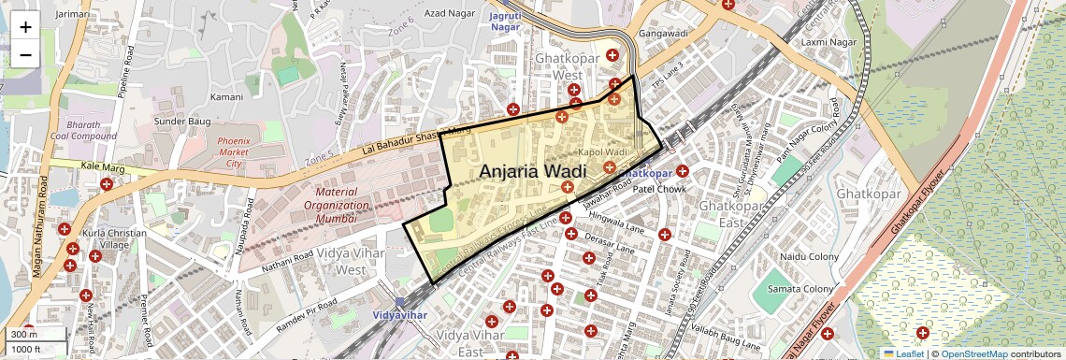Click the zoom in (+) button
point(25,27)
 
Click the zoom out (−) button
point(25,55)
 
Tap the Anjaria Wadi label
point(532,172)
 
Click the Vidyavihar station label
point(399,314)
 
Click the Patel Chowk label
point(660,189)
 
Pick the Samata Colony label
point(799,289)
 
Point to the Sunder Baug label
point(180,122)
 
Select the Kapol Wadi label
point(602,151)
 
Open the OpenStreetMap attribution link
point(973,353)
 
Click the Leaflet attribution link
point(904,353)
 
